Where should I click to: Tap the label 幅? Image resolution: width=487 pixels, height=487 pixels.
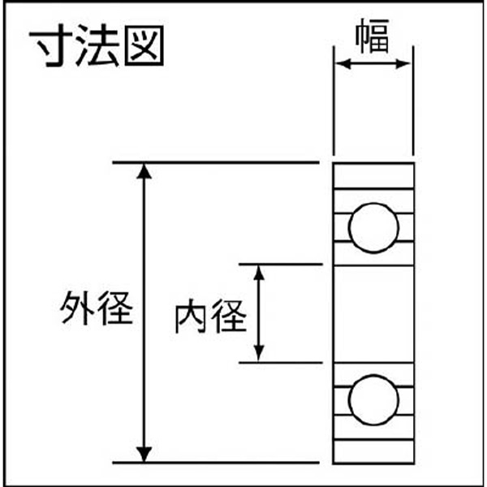click(x=373, y=36)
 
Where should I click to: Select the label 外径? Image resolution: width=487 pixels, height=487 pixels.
click(x=97, y=308)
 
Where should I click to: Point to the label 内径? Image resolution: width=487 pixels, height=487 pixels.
click(x=211, y=317)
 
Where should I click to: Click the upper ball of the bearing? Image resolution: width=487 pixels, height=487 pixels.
click(x=373, y=227)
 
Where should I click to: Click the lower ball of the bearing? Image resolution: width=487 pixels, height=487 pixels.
click(x=373, y=399)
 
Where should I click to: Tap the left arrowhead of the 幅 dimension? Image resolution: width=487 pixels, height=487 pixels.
click(x=343, y=64)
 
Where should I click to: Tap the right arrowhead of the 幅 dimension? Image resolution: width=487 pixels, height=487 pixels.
click(x=403, y=64)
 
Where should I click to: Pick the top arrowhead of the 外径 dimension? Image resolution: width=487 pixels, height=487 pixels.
click(x=144, y=172)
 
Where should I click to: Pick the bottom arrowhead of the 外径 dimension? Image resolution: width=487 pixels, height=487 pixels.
click(x=144, y=455)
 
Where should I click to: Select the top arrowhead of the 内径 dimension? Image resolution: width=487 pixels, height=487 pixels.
click(x=259, y=273)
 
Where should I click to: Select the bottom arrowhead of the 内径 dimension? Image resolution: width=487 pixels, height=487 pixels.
click(x=259, y=353)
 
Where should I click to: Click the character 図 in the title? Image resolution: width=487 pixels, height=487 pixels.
click(x=144, y=45)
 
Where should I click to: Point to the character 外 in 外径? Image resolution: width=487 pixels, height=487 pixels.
click(x=78, y=308)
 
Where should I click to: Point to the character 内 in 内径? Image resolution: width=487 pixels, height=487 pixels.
click(x=192, y=317)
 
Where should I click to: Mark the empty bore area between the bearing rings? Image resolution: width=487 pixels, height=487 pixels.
click(x=373, y=313)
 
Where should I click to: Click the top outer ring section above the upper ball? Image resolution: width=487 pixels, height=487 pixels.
click(x=373, y=175)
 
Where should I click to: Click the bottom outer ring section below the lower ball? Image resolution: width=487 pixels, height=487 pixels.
click(x=373, y=451)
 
